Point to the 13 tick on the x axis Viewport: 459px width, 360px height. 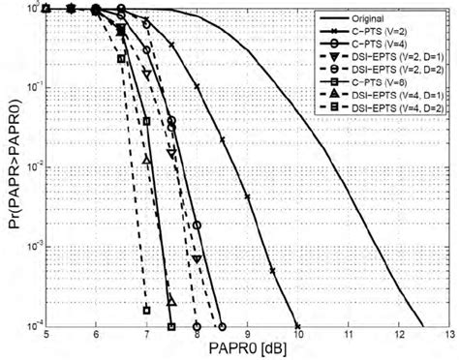pyautogui.click(x=447, y=335)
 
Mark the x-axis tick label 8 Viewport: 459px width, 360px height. pyautogui.click(x=198, y=335)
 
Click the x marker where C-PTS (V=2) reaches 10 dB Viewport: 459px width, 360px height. pyautogui.click(x=297, y=326)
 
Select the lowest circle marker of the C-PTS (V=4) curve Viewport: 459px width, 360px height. pyautogui.click(x=222, y=326)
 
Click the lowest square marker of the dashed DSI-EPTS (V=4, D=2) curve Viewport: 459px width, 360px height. pyautogui.click(x=147, y=310)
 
